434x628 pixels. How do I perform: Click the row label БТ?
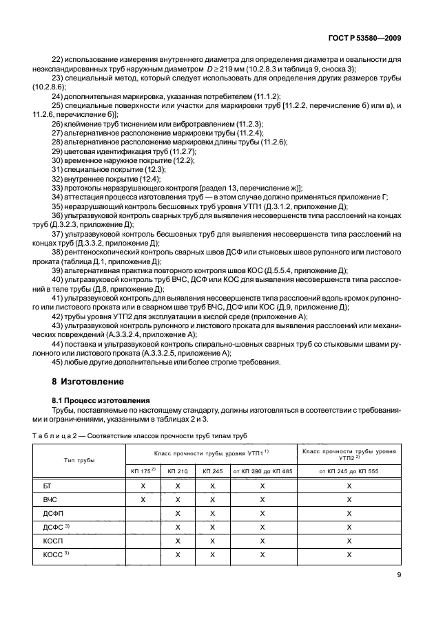click(48, 486)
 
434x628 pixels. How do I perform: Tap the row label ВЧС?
click(50, 499)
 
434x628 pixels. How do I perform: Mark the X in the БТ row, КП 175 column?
click(143, 486)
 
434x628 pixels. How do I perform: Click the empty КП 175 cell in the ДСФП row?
click(143, 513)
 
